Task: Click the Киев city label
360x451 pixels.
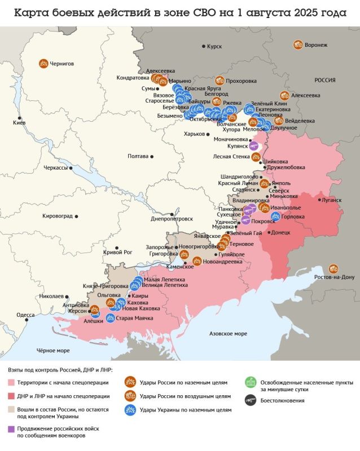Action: (x=19, y=122)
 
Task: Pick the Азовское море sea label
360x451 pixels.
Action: (x=228, y=334)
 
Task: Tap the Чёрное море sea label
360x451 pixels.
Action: (x=53, y=350)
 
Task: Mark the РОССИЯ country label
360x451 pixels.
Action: (x=325, y=80)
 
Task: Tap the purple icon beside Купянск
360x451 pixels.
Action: (x=254, y=145)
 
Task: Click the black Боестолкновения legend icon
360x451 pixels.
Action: (x=251, y=401)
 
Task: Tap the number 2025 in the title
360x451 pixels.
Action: (x=306, y=12)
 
